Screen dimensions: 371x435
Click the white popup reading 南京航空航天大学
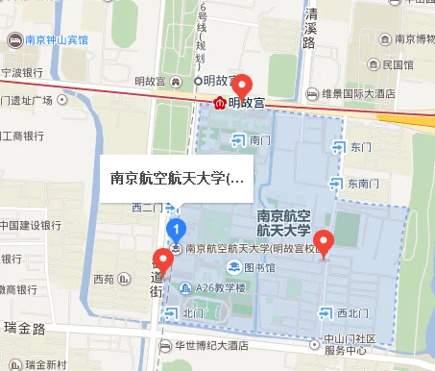(178, 178)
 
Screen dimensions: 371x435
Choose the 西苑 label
(102, 280)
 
